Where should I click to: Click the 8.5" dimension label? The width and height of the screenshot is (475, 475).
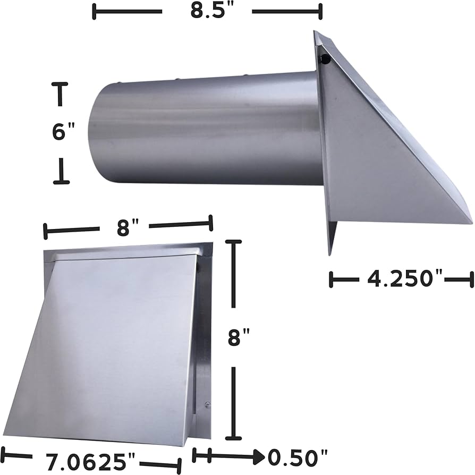click(x=207, y=11)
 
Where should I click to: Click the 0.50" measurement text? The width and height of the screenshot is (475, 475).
click(x=297, y=456)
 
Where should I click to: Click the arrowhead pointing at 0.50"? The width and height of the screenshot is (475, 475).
click(x=258, y=455)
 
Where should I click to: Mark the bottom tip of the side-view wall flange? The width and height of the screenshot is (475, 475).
click(x=330, y=254)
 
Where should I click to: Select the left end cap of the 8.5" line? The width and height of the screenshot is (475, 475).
click(x=95, y=11)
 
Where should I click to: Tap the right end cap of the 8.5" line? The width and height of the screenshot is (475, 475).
click(x=320, y=11)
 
